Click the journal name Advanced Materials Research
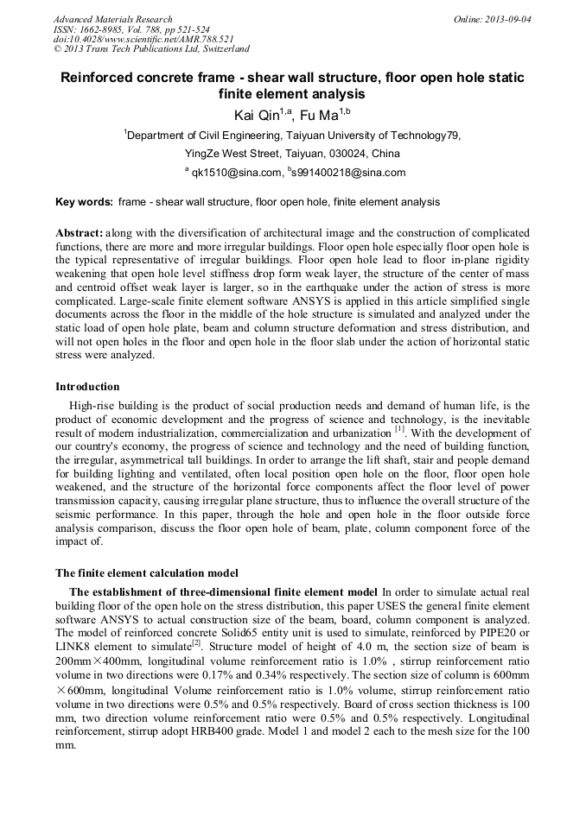pyautogui.click(x=112, y=19)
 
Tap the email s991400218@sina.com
pyautogui.click(x=350, y=173)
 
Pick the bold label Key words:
pyautogui.click(x=84, y=202)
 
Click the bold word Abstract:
pyautogui.click(x=80, y=234)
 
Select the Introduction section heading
pyautogui.click(x=87, y=386)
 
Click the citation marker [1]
pyautogui.click(x=399, y=429)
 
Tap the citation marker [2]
pyautogui.click(x=196, y=643)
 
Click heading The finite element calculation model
pyautogui.click(x=147, y=572)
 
